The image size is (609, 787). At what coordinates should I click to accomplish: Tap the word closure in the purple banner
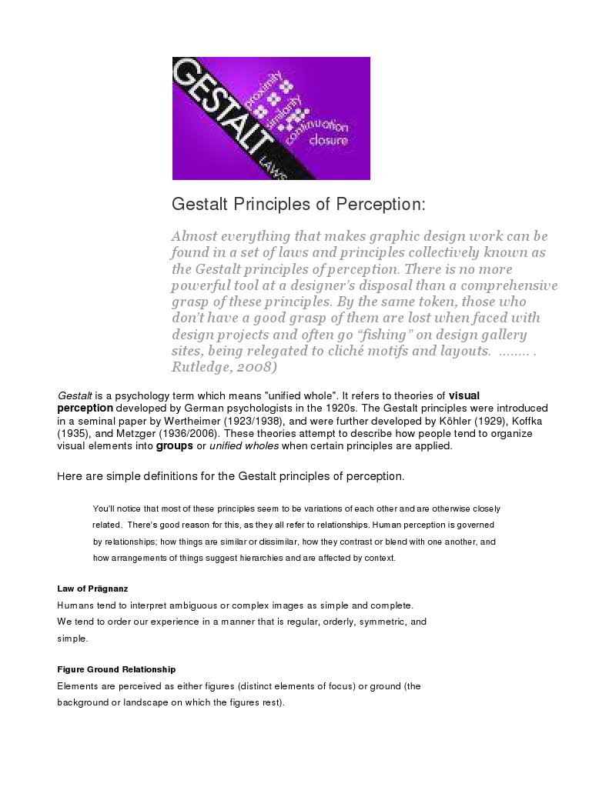329,141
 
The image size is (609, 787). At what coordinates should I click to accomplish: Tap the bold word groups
174,446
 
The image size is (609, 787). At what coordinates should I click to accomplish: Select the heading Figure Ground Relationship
116,669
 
